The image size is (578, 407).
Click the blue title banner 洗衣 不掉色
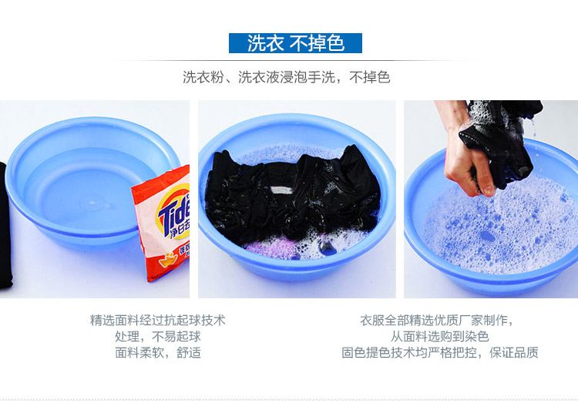(x=295, y=43)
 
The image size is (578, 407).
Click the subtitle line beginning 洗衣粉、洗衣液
(x=287, y=77)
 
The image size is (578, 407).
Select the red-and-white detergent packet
(x=162, y=224)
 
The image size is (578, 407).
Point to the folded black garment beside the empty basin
(x=5, y=225)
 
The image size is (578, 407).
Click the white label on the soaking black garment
(x=282, y=190)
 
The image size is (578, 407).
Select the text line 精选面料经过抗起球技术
(x=157, y=320)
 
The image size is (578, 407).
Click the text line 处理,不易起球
(x=157, y=336)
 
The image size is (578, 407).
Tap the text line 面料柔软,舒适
(x=158, y=352)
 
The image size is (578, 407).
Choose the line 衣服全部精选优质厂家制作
(x=437, y=320)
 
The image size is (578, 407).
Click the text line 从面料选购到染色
(x=440, y=336)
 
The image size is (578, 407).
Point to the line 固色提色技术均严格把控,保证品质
(x=440, y=352)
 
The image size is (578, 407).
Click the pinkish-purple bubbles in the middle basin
(x=265, y=247)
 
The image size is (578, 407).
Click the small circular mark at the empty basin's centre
(x=92, y=203)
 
